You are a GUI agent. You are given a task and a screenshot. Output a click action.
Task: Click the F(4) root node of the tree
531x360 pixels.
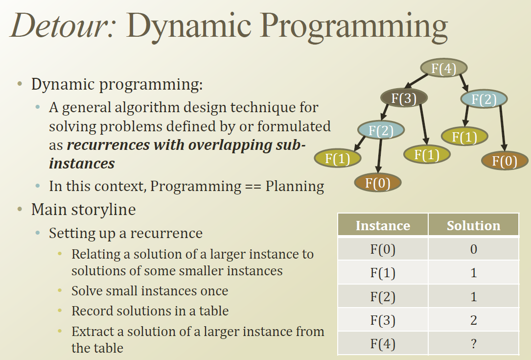(x=444, y=68)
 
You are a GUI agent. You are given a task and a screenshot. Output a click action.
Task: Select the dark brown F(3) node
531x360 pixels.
(x=404, y=98)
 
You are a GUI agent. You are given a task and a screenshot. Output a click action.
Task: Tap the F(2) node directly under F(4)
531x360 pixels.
(x=484, y=99)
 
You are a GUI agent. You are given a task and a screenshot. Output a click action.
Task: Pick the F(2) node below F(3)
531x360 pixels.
(x=381, y=130)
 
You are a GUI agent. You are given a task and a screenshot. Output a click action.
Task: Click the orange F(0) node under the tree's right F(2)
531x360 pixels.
(x=505, y=161)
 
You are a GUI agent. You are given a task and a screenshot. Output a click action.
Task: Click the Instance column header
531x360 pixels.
(x=383, y=225)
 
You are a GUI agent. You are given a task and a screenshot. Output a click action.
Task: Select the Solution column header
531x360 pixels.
(x=473, y=225)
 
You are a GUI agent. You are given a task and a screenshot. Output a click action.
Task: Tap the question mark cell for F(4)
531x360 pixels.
(x=473, y=344)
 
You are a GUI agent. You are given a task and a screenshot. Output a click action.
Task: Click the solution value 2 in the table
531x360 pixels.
(x=473, y=320)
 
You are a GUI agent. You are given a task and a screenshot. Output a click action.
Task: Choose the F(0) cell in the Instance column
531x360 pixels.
(x=383, y=249)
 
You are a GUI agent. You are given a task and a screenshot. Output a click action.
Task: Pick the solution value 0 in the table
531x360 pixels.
(x=473, y=249)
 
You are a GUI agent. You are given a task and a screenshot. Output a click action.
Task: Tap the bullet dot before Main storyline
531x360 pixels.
(x=20, y=210)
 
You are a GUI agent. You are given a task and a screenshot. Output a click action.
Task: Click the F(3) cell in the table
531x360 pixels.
(x=383, y=320)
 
